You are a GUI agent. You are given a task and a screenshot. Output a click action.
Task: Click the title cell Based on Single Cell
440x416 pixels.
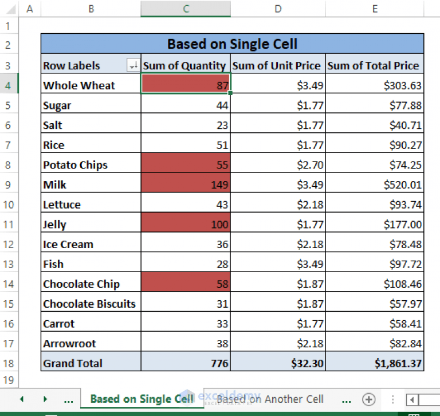pos(232,44)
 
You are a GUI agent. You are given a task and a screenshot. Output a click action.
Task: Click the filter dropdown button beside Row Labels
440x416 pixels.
pos(133,66)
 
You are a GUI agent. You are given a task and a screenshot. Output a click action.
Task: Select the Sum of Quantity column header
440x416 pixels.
pos(184,65)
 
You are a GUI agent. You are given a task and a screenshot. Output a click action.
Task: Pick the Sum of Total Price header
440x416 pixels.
pos(374,65)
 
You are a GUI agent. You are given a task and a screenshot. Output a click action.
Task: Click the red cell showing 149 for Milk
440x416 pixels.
pos(186,185)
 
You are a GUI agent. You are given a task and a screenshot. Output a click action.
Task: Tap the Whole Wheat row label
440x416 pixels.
pos(79,85)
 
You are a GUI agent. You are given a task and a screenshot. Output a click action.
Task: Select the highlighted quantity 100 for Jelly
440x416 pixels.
pos(186,225)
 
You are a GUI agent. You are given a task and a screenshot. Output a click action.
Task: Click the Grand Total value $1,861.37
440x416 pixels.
pos(375,363)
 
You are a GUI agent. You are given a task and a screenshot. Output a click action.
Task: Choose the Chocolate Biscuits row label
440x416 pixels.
pos(89,304)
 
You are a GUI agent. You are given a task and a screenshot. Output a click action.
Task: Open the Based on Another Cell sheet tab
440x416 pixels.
pos(270,399)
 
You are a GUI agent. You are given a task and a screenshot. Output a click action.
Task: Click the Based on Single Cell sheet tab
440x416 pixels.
pos(142,399)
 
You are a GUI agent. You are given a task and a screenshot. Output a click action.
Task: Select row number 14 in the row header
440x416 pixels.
pos(9,284)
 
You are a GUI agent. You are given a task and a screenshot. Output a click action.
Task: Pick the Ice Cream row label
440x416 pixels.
pos(68,244)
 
